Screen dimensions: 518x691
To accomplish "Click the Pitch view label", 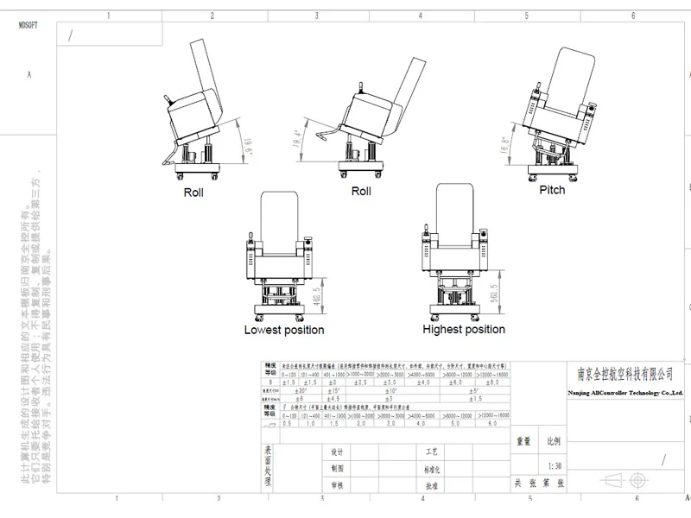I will pos(552,189).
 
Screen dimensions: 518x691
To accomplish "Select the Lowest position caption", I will pos(284,330).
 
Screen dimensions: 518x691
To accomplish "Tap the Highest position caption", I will pos(463,329).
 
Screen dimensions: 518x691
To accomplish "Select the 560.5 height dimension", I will pos(495,296).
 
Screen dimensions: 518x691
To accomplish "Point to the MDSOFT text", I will pos(29,27).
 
